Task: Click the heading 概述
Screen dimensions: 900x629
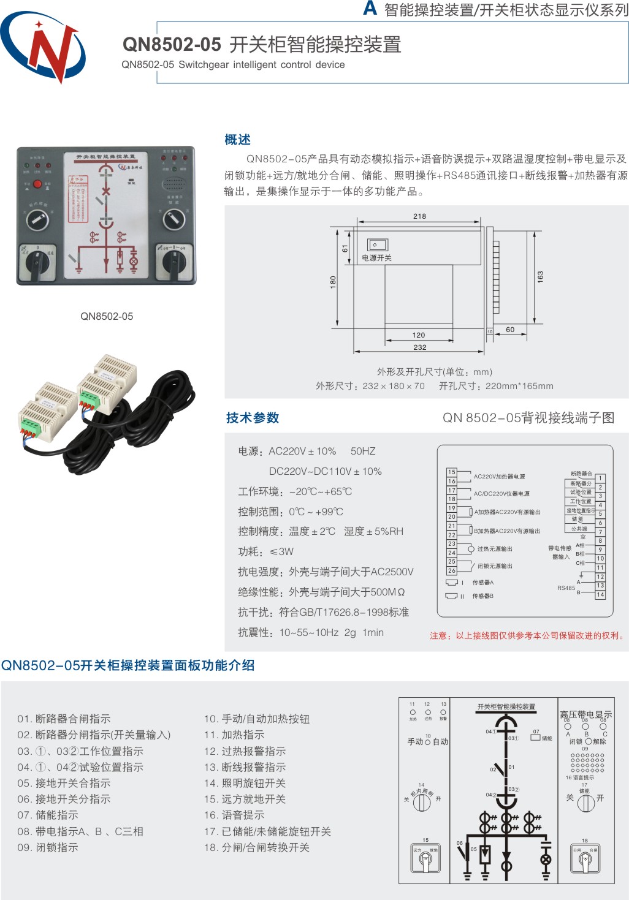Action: (237, 140)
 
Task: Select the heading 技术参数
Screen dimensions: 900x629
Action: (253, 418)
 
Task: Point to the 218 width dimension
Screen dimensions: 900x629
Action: (419, 216)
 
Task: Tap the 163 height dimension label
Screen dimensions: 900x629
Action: (540, 276)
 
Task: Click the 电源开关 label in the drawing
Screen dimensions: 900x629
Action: (376, 258)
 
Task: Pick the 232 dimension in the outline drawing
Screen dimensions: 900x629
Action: (419, 347)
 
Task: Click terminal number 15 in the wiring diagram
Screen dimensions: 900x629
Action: (452, 472)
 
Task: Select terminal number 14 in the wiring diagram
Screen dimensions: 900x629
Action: (600, 595)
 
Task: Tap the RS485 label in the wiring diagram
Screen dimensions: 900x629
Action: (566, 588)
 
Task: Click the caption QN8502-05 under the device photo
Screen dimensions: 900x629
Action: (107, 316)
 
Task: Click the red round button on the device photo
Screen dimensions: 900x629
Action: (37, 184)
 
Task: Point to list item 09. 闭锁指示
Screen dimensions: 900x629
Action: (48, 847)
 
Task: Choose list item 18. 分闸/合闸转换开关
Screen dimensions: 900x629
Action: (257, 847)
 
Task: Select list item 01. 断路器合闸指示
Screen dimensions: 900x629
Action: (64, 719)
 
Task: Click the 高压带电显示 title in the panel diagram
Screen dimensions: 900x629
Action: (585, 714)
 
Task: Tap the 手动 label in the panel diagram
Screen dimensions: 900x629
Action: (415, 742)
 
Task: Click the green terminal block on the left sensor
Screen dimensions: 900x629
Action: (29, 424)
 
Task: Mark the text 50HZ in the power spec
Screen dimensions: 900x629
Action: (363, 452)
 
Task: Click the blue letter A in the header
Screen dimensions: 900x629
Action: (370, 8)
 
